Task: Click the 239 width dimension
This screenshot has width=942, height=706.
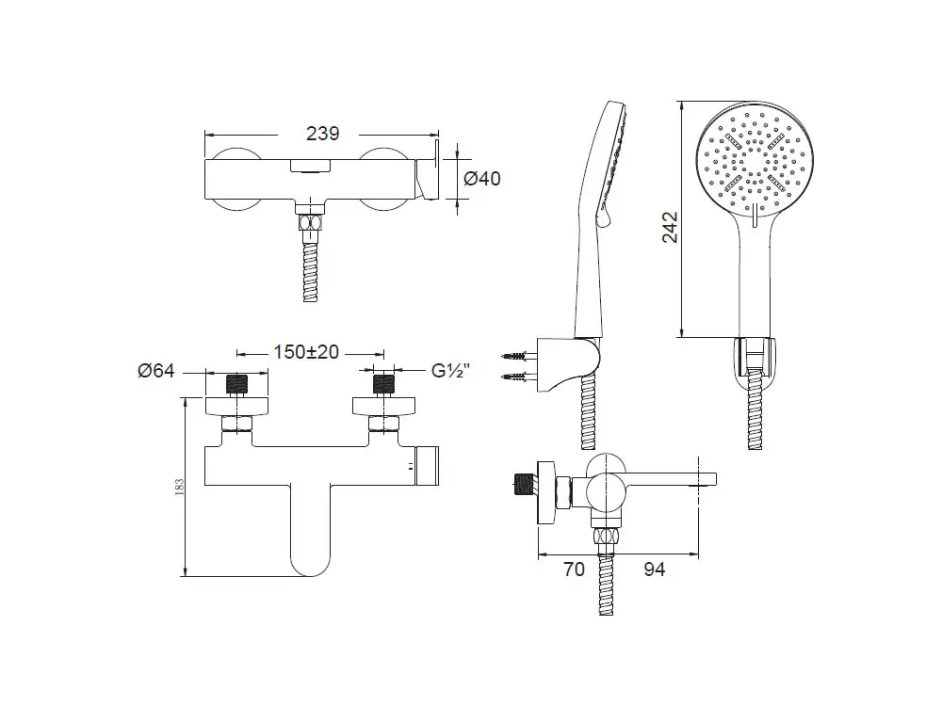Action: click(x=322, y=134)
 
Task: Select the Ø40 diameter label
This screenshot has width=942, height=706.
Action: click(x=482, y=178)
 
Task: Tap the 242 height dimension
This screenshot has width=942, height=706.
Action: click(x=670, y=227)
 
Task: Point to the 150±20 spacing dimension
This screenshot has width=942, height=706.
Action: click(x=306, y=352)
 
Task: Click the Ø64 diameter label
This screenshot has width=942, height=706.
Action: click(x=156, y=371)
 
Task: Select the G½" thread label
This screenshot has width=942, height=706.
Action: click(x=450, y=371)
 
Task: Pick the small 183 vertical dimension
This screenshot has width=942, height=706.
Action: click(x=179, y=487)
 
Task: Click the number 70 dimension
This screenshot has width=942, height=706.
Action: click(x=574, y=569)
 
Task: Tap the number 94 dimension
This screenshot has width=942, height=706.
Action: click(x=655, y=569)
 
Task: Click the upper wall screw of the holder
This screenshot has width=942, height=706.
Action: click(x=516, y=356)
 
